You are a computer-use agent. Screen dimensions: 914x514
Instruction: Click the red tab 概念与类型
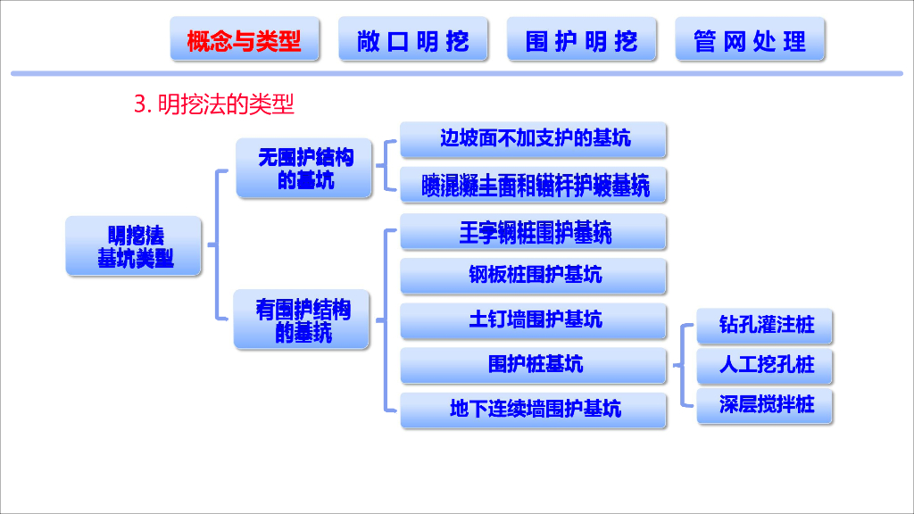click(244, 40)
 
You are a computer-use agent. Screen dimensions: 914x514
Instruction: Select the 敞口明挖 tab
click(413, 40)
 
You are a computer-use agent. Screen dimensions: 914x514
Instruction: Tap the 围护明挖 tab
click(582, 40)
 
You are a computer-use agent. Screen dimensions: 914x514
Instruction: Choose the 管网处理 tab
click(750, 40)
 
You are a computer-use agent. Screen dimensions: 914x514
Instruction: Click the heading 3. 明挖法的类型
click(214, 104)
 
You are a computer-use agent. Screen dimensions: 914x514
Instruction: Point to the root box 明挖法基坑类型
click(135, 246)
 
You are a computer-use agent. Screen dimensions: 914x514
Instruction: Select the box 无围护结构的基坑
click(304, 168)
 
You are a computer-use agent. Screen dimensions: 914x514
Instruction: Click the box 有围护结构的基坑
click(303, 319)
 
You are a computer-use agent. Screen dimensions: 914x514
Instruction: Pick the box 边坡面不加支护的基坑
click(534, 138)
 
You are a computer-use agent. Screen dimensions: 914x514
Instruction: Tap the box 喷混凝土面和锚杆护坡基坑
click(534, 185)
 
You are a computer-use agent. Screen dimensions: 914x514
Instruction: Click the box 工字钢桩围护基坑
click(534, 233)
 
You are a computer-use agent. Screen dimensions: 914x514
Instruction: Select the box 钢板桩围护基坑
click(534, 275)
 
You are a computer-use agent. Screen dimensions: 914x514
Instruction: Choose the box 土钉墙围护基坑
click(534, 319)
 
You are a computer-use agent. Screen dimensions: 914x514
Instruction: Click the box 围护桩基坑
click(534, 364)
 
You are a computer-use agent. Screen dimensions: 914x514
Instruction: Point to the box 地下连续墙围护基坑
click(534, 410)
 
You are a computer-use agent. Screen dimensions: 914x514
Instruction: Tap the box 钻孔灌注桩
click(767, 325)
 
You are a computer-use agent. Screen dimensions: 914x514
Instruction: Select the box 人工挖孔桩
click(767, 365)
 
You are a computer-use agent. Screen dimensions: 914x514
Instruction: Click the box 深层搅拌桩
click(767, 405)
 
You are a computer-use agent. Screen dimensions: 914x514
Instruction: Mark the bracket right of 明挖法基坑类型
click(217, 244)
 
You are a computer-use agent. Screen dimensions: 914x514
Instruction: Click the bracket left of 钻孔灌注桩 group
click(684, 365)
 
